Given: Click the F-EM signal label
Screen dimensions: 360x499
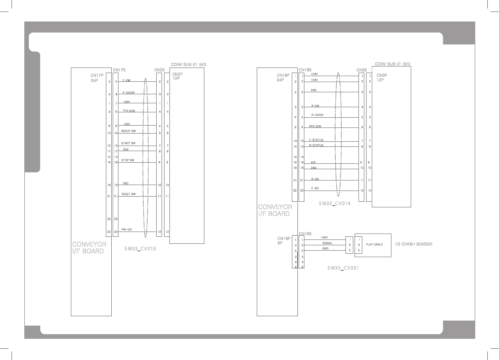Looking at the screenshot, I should click(126, 81).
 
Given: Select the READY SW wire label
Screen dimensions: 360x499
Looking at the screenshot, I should click(129, 131).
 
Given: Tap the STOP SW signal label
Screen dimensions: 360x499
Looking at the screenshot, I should click(128, 160).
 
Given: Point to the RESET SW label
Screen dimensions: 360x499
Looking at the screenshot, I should click(129, 194).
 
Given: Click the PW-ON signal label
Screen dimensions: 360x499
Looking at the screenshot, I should click(127, 230).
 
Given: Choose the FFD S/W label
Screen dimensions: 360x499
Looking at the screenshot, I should click(129, 111).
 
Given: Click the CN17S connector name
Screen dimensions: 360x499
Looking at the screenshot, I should click(119, 70).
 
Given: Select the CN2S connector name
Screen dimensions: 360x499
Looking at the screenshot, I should click(159, 70).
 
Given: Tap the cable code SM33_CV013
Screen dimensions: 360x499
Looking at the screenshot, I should click(140, 249).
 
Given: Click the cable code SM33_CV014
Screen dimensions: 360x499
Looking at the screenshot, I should click(335, 204).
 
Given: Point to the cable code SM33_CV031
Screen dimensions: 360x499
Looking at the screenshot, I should click(343, 268).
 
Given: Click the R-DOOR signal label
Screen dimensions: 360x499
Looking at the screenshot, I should click(317, 115).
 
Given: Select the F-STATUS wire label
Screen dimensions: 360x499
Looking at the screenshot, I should click(316, 140).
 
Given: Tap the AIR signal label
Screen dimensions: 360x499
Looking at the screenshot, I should click(313, 163).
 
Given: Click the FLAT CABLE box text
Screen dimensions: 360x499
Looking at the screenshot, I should click(374, 245).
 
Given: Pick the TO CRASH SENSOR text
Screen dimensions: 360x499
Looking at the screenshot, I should click(413, 244).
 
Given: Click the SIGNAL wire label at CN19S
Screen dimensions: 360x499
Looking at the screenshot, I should click(327, 243).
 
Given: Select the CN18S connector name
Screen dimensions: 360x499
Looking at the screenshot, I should click(305, 70).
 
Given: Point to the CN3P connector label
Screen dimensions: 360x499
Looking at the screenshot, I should click(382, 76).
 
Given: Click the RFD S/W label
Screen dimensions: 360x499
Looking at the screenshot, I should click(315, 126).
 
